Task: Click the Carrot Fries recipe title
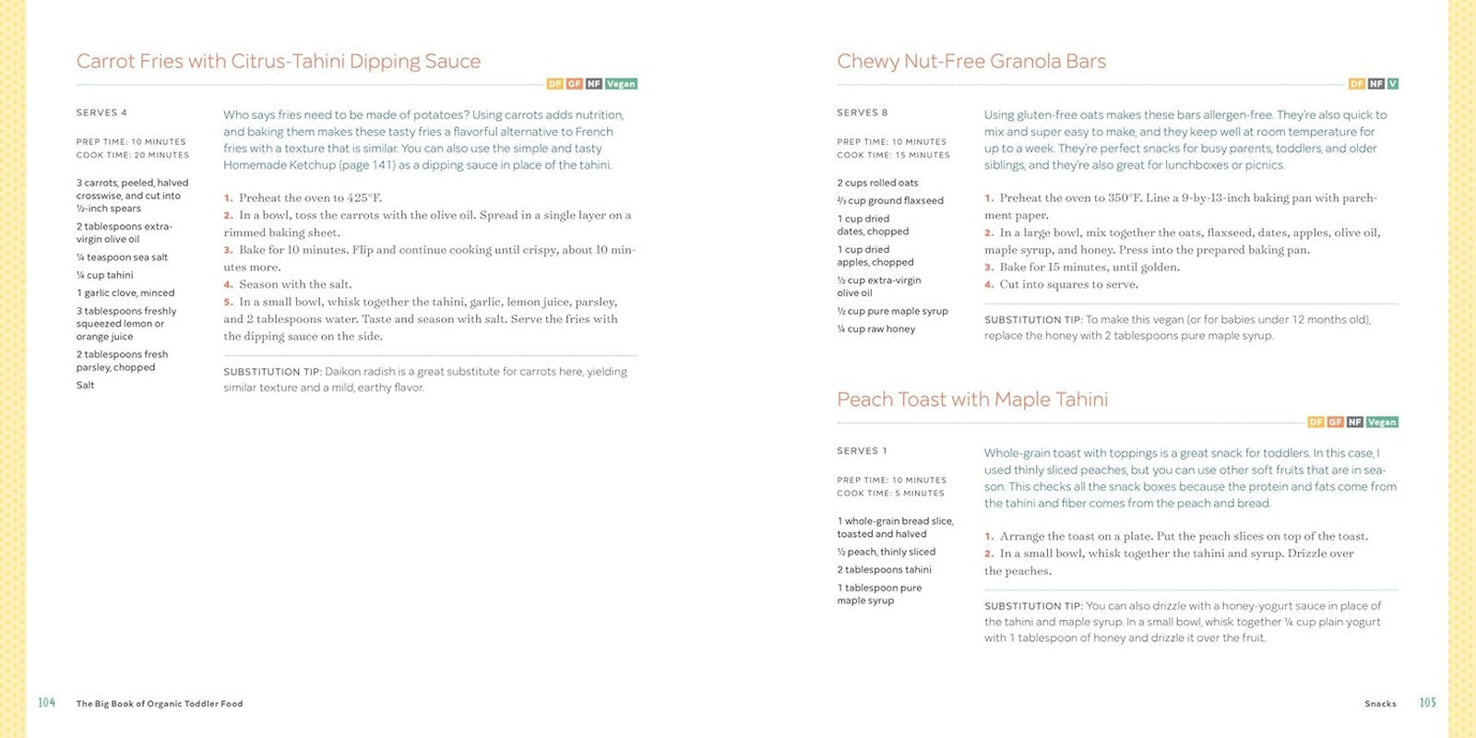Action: point(278,62)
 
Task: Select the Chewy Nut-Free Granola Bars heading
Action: point(970,62)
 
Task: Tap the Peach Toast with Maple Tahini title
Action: point(971,399)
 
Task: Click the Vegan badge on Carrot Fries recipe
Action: point(621,84)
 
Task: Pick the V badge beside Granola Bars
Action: point(1392,84)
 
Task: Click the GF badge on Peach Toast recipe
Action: point(1335,423)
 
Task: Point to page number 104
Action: point(46,703)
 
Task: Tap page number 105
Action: point(1427,703)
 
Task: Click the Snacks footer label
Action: point(1380,704)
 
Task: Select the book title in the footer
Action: point(159,704)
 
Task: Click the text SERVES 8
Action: point(862,113)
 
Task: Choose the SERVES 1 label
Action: point(862,451)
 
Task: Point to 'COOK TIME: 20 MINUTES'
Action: point(132,155)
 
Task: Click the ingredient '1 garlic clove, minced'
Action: point(125,293)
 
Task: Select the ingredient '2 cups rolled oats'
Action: point(877,183)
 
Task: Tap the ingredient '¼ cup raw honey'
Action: point(875,329)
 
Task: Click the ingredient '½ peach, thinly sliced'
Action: point(886,553)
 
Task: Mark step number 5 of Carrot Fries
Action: point(228,302)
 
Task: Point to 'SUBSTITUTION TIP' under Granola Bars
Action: point(1032,320)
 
